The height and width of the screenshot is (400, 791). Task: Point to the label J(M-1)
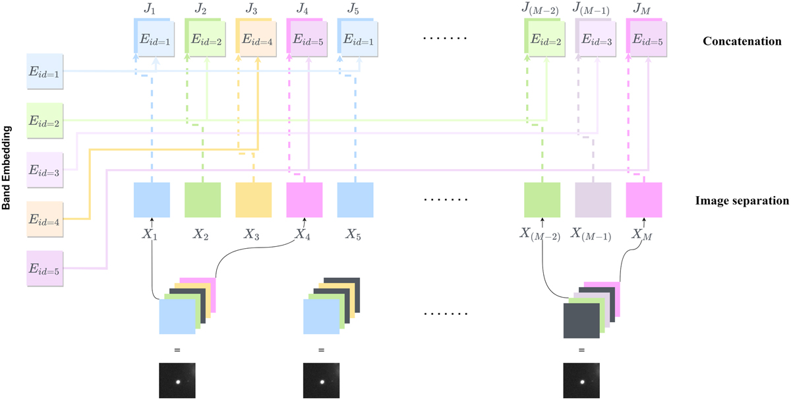[591, 10]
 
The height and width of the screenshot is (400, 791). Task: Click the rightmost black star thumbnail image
[582, 380]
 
